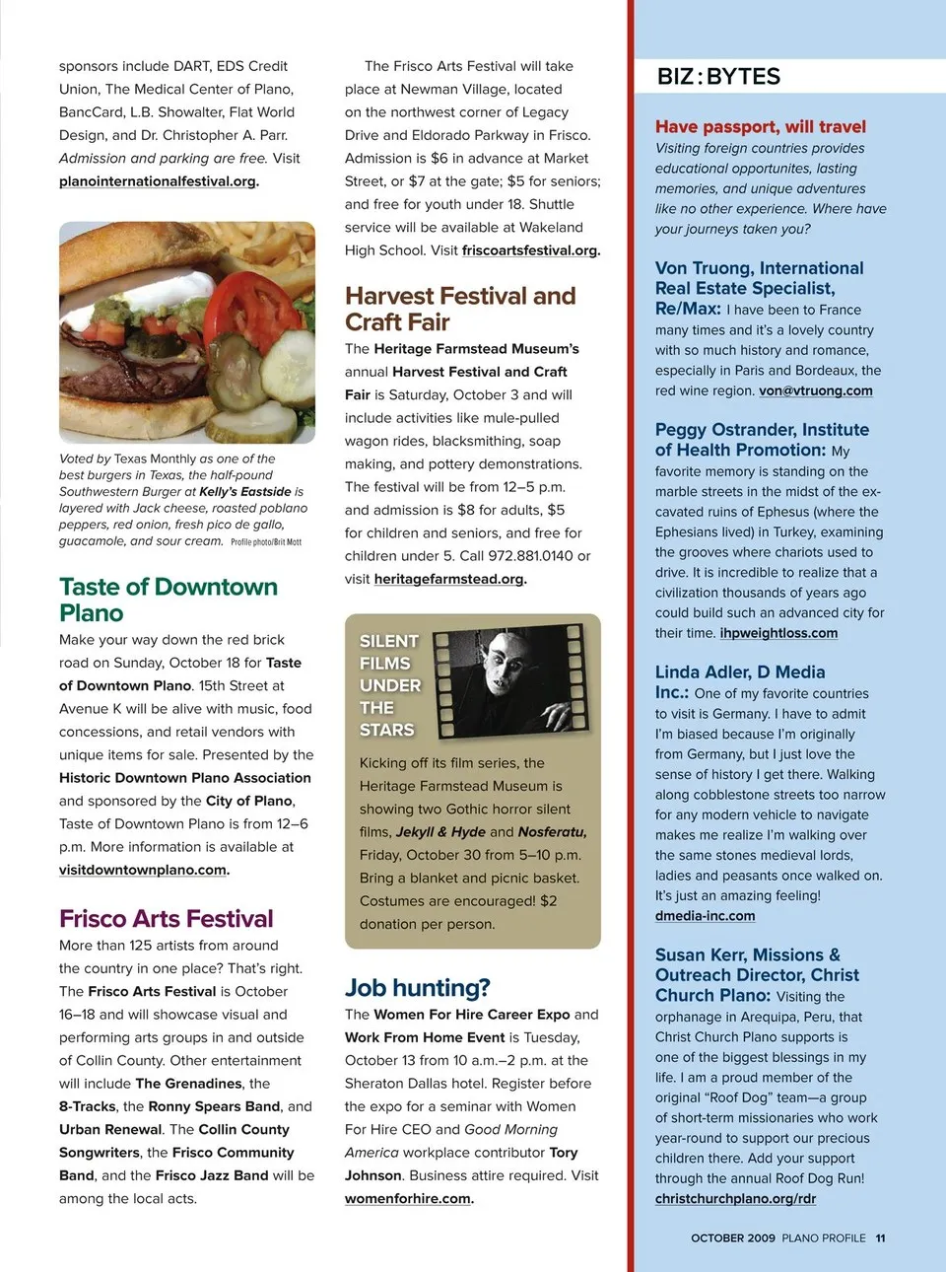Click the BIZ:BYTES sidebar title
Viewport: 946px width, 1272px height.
[718, 77]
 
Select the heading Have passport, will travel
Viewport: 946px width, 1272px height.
[761, 126]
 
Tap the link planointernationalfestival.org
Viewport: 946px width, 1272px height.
[158, 181]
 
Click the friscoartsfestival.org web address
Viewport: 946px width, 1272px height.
[530, 250]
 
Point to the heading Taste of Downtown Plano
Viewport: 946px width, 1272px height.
[168, 600]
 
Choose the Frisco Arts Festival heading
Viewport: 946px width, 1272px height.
[167, 919]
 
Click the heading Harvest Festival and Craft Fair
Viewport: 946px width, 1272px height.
[460, 309]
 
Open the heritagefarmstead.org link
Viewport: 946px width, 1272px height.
[448, 579]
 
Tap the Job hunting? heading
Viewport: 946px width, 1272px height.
[417, 988]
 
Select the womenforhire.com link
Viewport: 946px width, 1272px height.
[408, 1199]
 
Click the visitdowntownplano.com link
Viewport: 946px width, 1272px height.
[143, 870]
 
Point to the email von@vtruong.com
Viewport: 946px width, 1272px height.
[816, 390]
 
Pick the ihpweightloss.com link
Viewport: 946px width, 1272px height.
[778, 633]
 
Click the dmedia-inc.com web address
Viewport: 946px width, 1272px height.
[705, 916]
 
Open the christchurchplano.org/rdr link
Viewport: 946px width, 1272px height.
[735, 1199]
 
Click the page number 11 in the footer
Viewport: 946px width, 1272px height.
[880, 1238]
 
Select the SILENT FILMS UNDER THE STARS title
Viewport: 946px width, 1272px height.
[389, 685]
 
